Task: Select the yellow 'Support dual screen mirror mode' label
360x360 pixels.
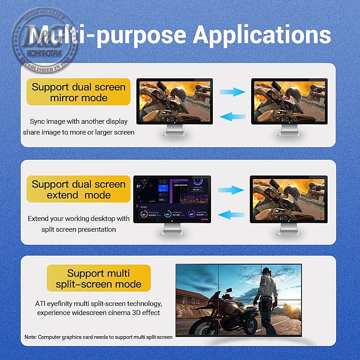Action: click(x=79, y=92)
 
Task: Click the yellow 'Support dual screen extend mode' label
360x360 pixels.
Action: click(x=79, y=189)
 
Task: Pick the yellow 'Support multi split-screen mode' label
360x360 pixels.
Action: click(x=99, y=279)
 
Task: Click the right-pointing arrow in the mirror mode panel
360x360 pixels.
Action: click(x=232, y=92)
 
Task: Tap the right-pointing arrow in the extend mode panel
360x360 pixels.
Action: click(x=230, y=190)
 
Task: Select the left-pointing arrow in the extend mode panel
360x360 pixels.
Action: click(x=230, y=215)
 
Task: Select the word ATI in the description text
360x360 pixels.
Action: click(x=41, y=304)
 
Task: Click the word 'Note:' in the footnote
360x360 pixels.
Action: click(x=31, y=337)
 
